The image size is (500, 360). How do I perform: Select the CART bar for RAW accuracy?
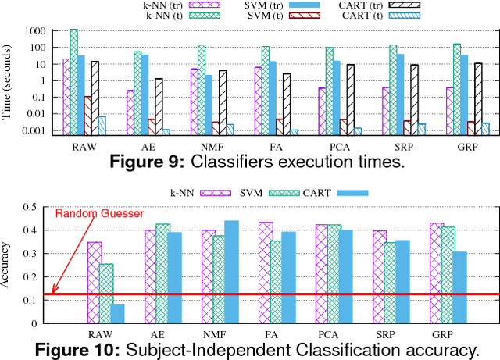[117, 313]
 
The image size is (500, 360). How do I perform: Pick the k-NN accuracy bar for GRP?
[436, 273]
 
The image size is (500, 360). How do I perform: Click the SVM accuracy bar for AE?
[163, 273]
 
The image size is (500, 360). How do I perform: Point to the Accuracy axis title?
[9, 266]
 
